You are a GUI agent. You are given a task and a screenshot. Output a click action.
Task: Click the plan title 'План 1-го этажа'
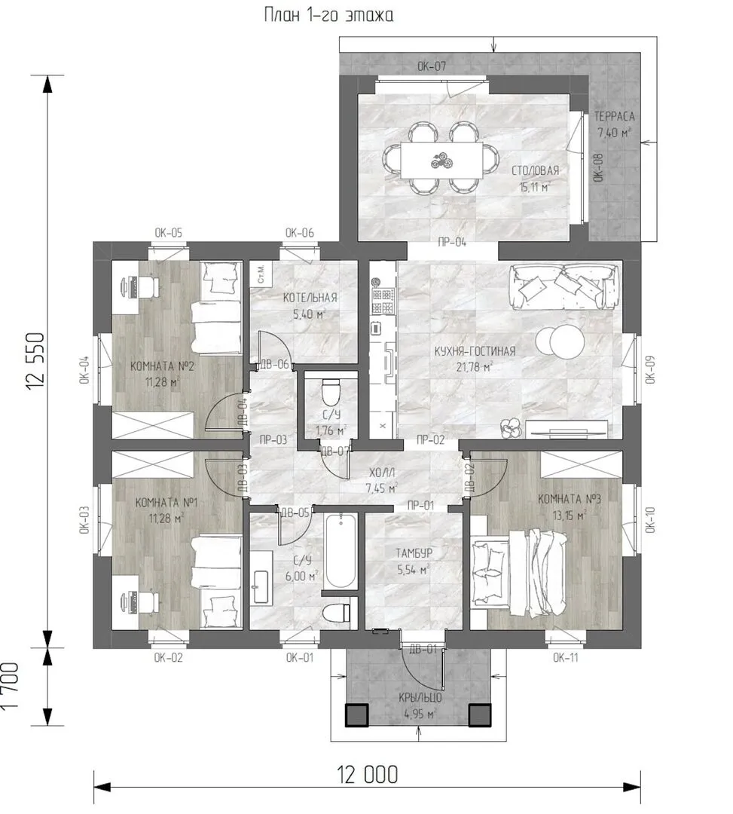click(328, 14)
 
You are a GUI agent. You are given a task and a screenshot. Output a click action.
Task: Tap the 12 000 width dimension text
click(368, 775)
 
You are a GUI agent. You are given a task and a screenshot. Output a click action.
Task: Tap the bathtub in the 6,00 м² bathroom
click(340, 551)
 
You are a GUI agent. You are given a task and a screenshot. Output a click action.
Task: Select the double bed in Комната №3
click(519, 571)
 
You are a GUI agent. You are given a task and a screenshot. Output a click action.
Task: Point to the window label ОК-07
click(432, 66)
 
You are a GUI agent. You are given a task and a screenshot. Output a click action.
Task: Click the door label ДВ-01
click(423, 648)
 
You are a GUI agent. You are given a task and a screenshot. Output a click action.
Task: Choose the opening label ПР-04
click(452, 242)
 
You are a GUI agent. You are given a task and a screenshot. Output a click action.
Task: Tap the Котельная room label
click(310, 298)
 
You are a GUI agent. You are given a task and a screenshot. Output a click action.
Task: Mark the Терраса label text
click(614, 116)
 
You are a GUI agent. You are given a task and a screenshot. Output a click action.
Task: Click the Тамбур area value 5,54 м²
click(414, 570)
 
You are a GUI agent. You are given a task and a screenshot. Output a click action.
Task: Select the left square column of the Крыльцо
click(357, 715)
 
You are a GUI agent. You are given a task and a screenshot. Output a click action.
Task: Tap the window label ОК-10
click(651, 519)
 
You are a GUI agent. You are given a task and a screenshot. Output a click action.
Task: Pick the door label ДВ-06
click(274, 364)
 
